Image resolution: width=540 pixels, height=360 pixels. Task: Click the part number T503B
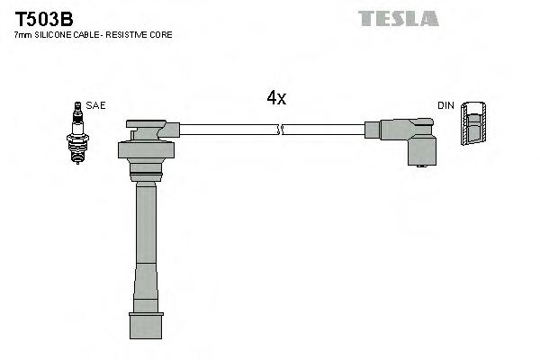(x=43, y=18)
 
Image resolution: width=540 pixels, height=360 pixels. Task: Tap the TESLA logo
(x=398, y=18)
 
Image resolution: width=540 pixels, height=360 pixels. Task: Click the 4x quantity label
(x=276, y=98)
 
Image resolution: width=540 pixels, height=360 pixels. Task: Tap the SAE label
(x=96, y=105)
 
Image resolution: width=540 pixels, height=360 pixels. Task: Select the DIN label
(x=446, y=105)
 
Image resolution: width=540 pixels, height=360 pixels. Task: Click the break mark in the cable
(x=281, y=130)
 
